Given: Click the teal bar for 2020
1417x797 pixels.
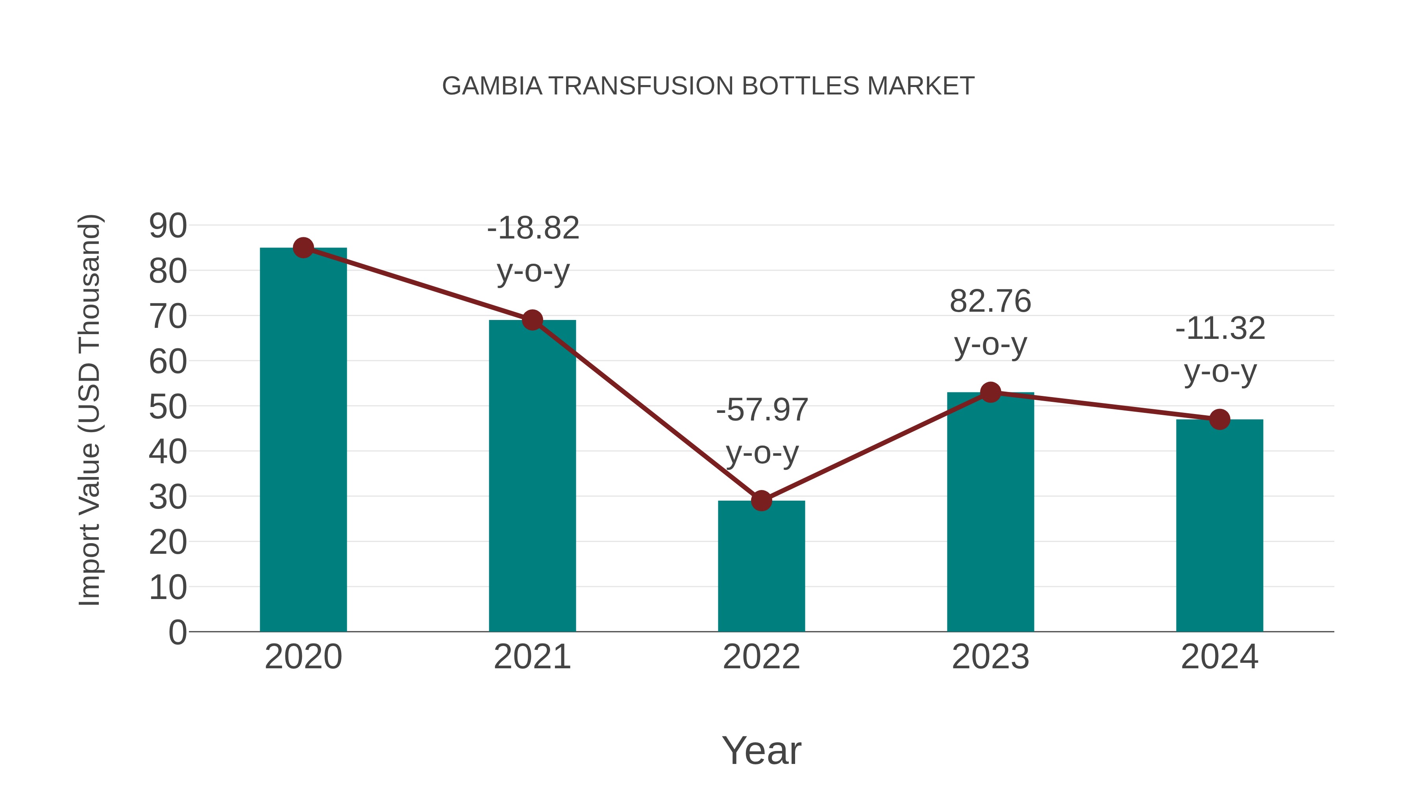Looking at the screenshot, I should (303, 440).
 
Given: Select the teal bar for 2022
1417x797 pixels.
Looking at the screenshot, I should (761, 566).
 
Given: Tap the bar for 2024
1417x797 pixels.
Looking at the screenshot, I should (1219, 525).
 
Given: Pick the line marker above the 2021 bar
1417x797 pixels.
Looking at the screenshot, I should (532, 320).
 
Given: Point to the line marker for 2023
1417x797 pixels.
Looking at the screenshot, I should (990, 392).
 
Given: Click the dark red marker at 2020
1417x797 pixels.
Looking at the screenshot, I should (303, 248).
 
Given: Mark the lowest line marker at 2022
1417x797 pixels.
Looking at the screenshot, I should (761, 501).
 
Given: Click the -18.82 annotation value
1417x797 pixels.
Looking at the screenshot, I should (533, 228).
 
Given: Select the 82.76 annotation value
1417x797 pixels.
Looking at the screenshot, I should (990, 301).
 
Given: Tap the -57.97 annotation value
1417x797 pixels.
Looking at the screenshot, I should (762, 410).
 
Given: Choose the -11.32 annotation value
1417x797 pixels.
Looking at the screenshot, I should (1220, 329).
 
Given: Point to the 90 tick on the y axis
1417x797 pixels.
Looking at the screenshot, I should (168, 226).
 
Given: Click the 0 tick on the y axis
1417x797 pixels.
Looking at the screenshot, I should (178, 632).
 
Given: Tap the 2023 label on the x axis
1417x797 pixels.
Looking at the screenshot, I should (990, 657).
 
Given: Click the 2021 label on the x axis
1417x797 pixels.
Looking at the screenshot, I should (532, 657).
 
